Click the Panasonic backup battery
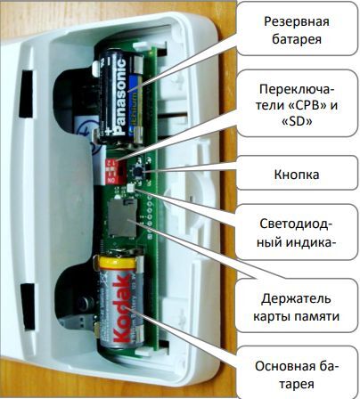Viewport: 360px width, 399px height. pyautogui.click(x=121, y=96)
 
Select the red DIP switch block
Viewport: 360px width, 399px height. pyautogui.click(x=112, y=171)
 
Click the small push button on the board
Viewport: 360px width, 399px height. pyautogui.click(x=137, y=170)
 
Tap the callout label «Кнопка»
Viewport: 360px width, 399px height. pyautogui.click(x=297, y=174)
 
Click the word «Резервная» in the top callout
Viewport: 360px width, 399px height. pyautogui.click(x=297, y=21)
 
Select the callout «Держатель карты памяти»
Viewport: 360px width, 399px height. pyautogui.click(x=296, y=307)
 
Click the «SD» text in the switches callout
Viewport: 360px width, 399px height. pyautogui.click(x=297, y=122)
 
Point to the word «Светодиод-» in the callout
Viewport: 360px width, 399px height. pyautogui.click(x=296, y=224)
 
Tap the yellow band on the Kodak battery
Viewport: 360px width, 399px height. pyautogui.click(x=118, y=263)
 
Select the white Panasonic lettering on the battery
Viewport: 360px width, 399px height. pyautogui.click(x=120, y=96)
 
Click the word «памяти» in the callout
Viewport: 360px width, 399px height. pyautogui.click(x=318, y=316)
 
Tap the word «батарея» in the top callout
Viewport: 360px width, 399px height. pyautogui.click(x=297, y=39)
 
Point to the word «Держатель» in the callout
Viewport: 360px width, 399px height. pyautogui.click(x=296, y=298)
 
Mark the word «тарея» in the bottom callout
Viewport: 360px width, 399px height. pyautogui.click(x=297, y=385)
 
